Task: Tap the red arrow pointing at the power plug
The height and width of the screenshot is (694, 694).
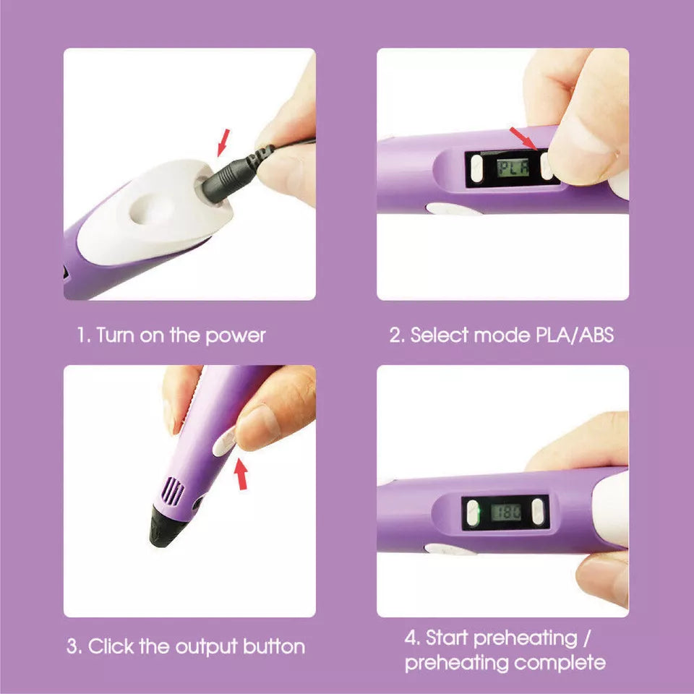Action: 224,142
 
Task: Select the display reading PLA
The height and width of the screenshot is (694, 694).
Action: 513,167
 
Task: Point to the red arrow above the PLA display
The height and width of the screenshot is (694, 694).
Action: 523,139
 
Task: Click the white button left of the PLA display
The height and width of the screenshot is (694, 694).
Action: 476,168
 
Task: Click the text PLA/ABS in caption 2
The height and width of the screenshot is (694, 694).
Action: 575,335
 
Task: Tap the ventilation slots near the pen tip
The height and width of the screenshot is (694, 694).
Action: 172,492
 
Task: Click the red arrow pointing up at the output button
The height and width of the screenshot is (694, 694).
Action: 241,474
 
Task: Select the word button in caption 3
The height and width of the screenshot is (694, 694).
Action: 274,646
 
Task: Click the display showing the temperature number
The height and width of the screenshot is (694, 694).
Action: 505,513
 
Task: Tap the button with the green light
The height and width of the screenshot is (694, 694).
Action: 473,513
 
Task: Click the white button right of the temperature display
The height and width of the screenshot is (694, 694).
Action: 538,512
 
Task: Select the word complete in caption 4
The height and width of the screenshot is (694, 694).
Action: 560,663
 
